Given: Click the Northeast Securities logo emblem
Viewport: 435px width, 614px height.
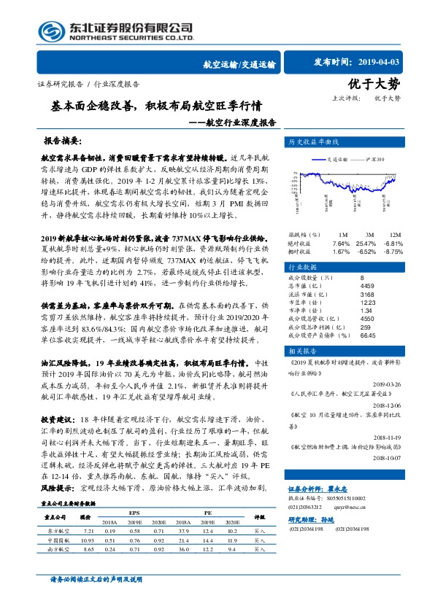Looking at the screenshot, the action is (52, 30).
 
